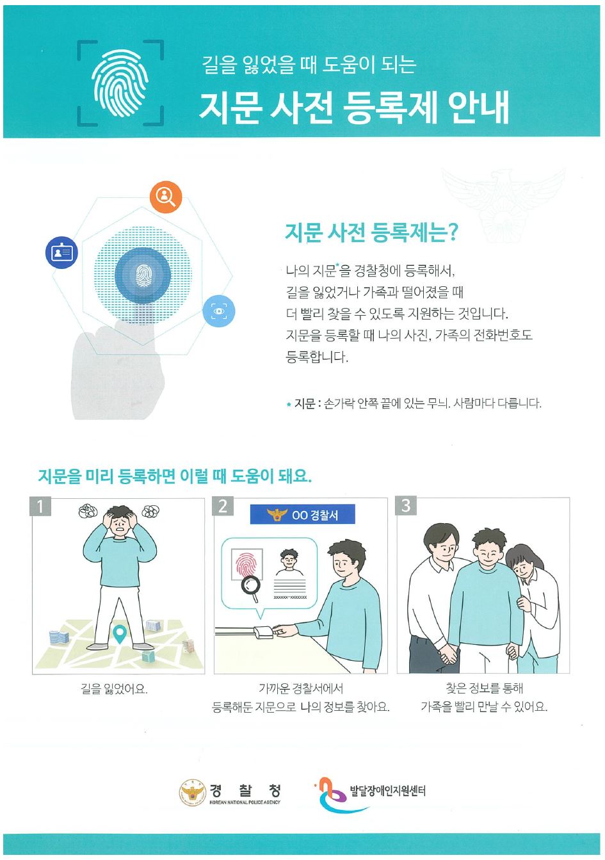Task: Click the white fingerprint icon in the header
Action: click(120, 83)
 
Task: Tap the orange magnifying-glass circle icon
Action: click(166, 197)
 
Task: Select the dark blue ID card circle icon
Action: click(62, 252)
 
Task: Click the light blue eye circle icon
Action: click(218, 311)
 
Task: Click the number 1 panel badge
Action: click(40, 506)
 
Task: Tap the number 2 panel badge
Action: click(223, 506)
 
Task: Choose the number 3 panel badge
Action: click(406, 506)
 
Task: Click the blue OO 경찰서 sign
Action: click(302, 514)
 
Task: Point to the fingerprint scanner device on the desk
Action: click(263, 632)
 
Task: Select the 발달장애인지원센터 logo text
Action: click(388, 791)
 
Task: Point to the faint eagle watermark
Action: click(503, 206)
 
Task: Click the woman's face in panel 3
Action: click(522, 566)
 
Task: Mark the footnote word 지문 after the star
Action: click(304, 403)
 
